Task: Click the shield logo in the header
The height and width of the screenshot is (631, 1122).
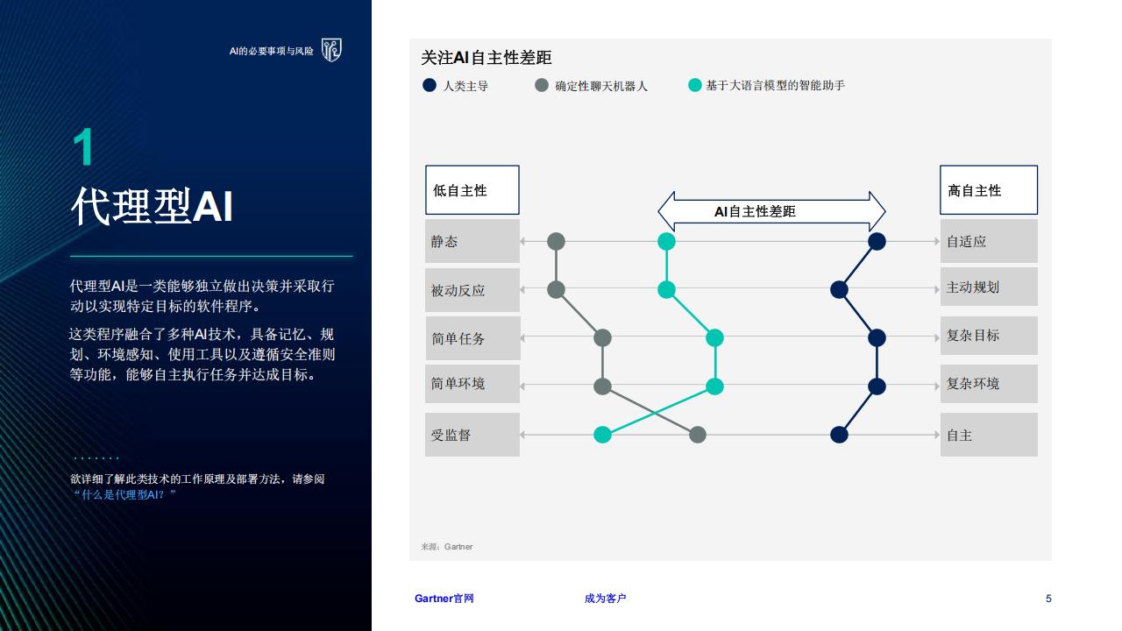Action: (331, 50)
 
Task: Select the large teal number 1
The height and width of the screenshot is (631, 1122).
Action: (83, 146)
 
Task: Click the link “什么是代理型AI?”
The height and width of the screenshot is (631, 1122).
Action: (124, 495)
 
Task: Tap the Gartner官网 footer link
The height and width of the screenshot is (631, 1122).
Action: (444, 598)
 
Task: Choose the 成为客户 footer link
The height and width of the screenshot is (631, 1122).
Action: (605, 598)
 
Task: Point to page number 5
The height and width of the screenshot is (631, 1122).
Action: (1048, 599)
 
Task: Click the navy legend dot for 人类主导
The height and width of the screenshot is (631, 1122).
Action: (430, 85)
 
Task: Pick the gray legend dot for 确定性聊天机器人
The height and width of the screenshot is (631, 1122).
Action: (542, 85)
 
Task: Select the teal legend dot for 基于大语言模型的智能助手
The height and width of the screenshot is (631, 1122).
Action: (695, 85)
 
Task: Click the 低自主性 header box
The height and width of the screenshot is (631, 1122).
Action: (472, 190)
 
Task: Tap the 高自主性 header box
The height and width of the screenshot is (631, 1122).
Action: (989, 190)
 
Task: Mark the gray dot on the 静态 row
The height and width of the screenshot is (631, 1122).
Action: (556, 241)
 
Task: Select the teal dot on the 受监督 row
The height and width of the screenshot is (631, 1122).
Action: (602, 435)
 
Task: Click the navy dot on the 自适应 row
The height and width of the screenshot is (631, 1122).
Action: (877, 241)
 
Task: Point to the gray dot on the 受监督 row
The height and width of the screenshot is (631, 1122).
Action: (698, 435)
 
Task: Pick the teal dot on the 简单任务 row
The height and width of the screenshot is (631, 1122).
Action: (714, 338)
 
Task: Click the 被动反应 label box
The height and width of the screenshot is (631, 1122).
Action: (472, 290)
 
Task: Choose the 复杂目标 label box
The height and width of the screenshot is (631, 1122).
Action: (989, 336)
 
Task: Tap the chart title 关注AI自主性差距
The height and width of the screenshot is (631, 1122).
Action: (486, 58)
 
